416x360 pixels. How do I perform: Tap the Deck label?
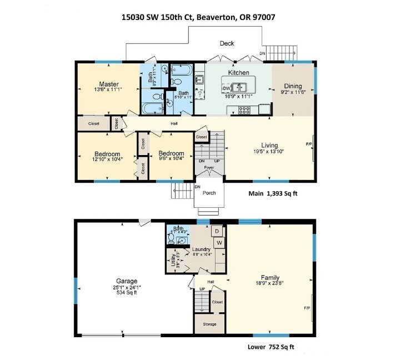tap(227, 43)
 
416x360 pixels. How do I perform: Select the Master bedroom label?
tap(109, 84)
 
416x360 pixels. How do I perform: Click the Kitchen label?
tap(238, 73)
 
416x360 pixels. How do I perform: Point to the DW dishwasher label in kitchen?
tap(226, 88)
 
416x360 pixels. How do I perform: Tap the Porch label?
tap(208, 193)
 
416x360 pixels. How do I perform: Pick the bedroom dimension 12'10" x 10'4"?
tap(107, 160)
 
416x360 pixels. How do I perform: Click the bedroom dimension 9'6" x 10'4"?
tap(171, 160)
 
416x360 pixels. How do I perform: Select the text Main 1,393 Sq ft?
tap(275, 194)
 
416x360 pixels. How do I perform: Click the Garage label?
tap(127, 281)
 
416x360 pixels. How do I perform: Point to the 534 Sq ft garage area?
tap(127, 293)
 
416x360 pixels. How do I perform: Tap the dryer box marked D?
tap(218, 231)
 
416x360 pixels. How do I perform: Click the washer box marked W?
tap(219, 243)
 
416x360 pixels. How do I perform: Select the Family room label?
tap(270, 278)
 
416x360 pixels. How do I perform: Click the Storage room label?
tap(209, 324)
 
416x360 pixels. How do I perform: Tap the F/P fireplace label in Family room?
tap(306, 307)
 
